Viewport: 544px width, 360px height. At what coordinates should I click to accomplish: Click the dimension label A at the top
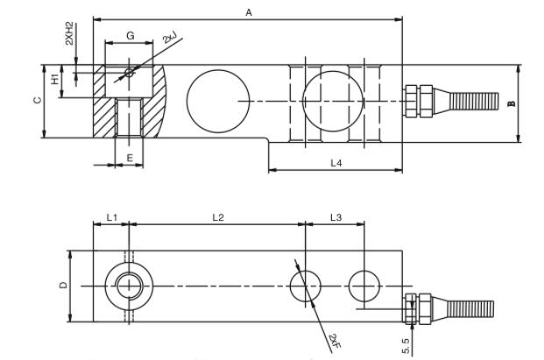(x=249, y=11)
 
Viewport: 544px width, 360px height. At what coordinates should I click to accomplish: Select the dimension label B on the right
(x=512, y=102)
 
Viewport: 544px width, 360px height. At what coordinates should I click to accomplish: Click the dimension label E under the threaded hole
(x=129, y=158)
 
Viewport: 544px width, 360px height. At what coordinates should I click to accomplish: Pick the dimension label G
(x=130, y=35)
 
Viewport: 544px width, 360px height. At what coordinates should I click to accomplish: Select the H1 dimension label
(x=54, y=80)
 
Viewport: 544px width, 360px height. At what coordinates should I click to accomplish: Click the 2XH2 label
(x=70, y=39)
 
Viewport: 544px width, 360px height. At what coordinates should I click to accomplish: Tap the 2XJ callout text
(x=169, y=39)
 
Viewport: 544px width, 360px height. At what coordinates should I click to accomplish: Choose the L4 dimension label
(x=336, y=163)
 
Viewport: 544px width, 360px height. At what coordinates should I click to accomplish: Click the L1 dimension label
(x=111, y=216)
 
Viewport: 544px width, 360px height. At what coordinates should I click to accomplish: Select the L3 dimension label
(x=336, y=216)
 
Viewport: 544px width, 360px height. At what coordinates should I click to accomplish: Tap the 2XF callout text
(x=335, y=339)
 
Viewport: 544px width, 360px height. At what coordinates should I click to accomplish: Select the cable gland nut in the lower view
(x=418, y=308)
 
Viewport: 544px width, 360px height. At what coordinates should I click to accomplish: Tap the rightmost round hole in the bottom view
(x=364, y=286)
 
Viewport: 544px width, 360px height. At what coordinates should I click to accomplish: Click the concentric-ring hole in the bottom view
(x=129, y=286)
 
